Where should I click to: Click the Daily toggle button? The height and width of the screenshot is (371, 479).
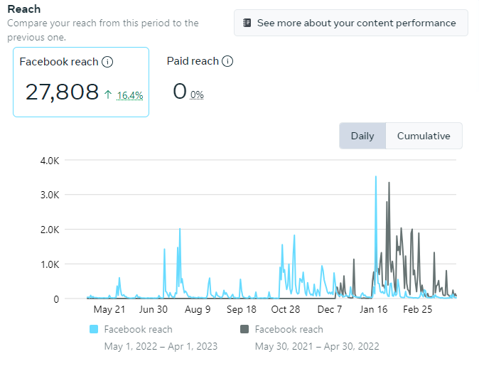(x=362, y=136)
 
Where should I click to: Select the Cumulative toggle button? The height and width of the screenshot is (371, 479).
(x=424, y=136)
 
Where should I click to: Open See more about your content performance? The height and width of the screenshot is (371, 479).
(x=350, y=23)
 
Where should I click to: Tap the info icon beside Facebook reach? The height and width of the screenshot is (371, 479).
(x=107, y=62)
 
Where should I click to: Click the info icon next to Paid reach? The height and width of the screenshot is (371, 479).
(x=227, y=61)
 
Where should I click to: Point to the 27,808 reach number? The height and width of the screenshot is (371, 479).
(x=62, y=92)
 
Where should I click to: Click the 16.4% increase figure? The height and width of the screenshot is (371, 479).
(x=130, y=95)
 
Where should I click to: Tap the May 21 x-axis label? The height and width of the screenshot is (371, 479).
(x=109, y=310)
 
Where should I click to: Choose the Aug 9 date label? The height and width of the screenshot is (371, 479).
(x=198, y=310)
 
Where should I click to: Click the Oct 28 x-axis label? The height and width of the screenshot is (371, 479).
(x=286, y=310)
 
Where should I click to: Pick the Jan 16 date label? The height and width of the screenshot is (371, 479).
(x=374, y=310)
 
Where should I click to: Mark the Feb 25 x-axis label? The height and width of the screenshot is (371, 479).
(x=418, y=310)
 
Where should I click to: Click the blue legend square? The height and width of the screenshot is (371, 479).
(x=94, y=329)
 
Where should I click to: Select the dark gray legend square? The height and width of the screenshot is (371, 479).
(x=244, y=329)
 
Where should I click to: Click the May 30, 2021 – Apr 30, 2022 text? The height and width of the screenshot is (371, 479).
(x=316, y=346)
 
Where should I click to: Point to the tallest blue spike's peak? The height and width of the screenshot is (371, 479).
(x=376, y=177)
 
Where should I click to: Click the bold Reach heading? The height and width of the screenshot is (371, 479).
(x=23, y=9)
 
